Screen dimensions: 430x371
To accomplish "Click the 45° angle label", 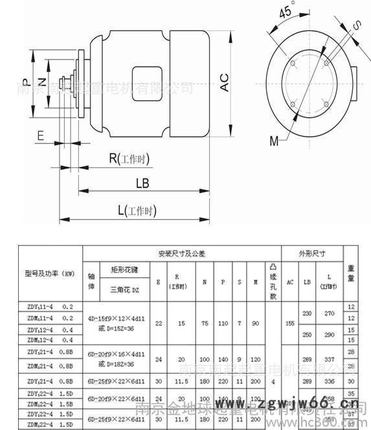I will pyautogui.click(x=284, y=13).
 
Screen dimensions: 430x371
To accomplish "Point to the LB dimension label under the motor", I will pyautogui.click(x=142, y=184).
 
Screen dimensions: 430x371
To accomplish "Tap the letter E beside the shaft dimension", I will pyautogui.click(x=41, y=135).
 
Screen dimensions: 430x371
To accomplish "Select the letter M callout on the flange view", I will pyautogui.click(x=275, y=140).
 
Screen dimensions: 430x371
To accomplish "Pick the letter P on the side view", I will pyautogui.click(x=24, y=82).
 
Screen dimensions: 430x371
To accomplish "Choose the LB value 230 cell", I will pyautogui.click(x=307, y=313).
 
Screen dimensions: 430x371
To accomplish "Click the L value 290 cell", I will pyautogui.click(x=330, y=334).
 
